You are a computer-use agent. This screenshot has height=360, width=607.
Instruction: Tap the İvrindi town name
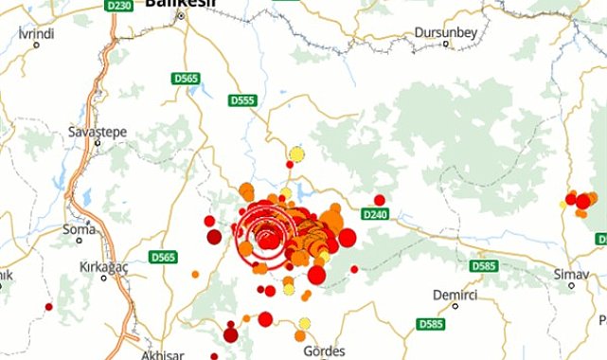tap(37, 32)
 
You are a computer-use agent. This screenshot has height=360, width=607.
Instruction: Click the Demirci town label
tap(453, 294)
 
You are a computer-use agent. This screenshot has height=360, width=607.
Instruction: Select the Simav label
tap(571, 274)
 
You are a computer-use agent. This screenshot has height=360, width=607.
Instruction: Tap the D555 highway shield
tap(242, 99)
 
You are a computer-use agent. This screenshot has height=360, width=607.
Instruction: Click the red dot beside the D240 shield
tap(380, 200)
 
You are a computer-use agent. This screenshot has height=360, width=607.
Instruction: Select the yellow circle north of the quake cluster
tap(296, 153)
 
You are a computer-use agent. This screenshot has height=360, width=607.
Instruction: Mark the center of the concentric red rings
tap(268, 237)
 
